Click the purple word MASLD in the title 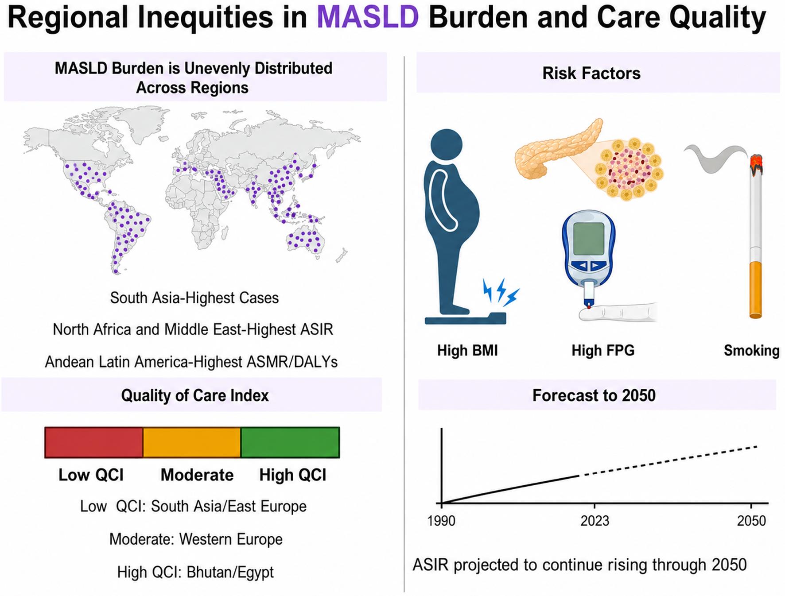point(368,18)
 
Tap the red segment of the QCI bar point(94,442)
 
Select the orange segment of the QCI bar point(192,442)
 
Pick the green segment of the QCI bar point(290,442)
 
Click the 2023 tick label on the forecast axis point(595,521)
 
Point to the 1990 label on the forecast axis point(441,521)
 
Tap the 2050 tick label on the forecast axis point(751,521)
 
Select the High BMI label point(467,351)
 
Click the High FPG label point(603,351)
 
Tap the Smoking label point(751,351)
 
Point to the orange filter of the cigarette point(755,290)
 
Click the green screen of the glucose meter point(589,238)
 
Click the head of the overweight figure point(447,144)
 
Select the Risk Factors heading point(591,74)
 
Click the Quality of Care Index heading point(195,395)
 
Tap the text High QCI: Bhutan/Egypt point(195,573)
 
